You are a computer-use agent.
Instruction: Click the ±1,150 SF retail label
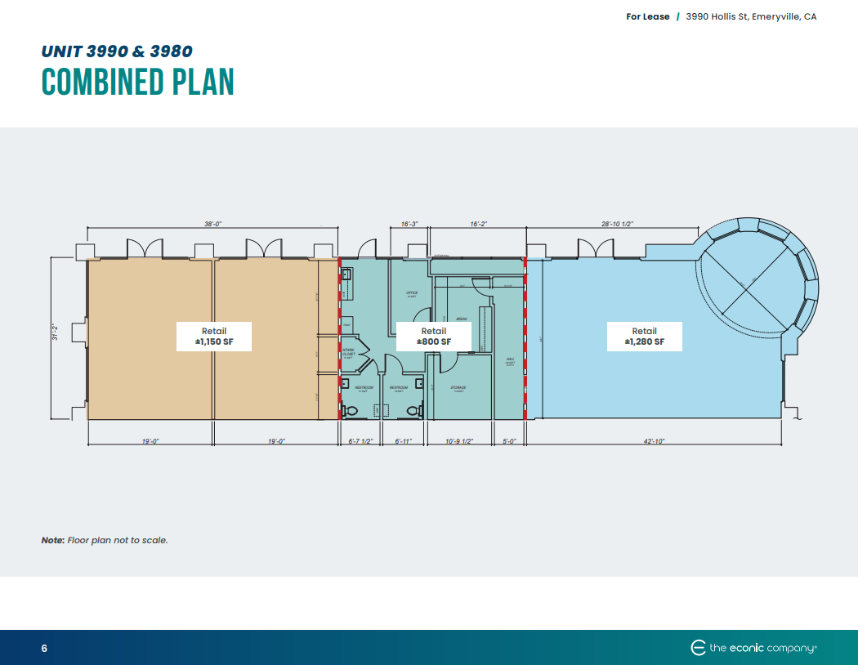pos(213,336)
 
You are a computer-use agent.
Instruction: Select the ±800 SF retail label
pos(434,336)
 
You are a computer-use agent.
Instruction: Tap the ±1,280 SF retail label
pos(644,336)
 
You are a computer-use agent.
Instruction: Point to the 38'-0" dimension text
pos(213,223)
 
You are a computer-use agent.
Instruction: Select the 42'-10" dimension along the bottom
pos(654,441)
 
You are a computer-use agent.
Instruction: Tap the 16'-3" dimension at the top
pos(410,223)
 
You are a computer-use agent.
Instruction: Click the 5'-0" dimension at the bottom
pos(508,441)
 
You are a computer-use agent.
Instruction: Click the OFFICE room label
pos(412,292)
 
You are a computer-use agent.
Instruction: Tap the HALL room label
pos(510,359)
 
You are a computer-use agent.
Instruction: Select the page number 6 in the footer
pos(44,649)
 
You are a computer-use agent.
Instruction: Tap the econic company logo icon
pos(698,648)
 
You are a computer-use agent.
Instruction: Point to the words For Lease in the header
pos(648,16)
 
